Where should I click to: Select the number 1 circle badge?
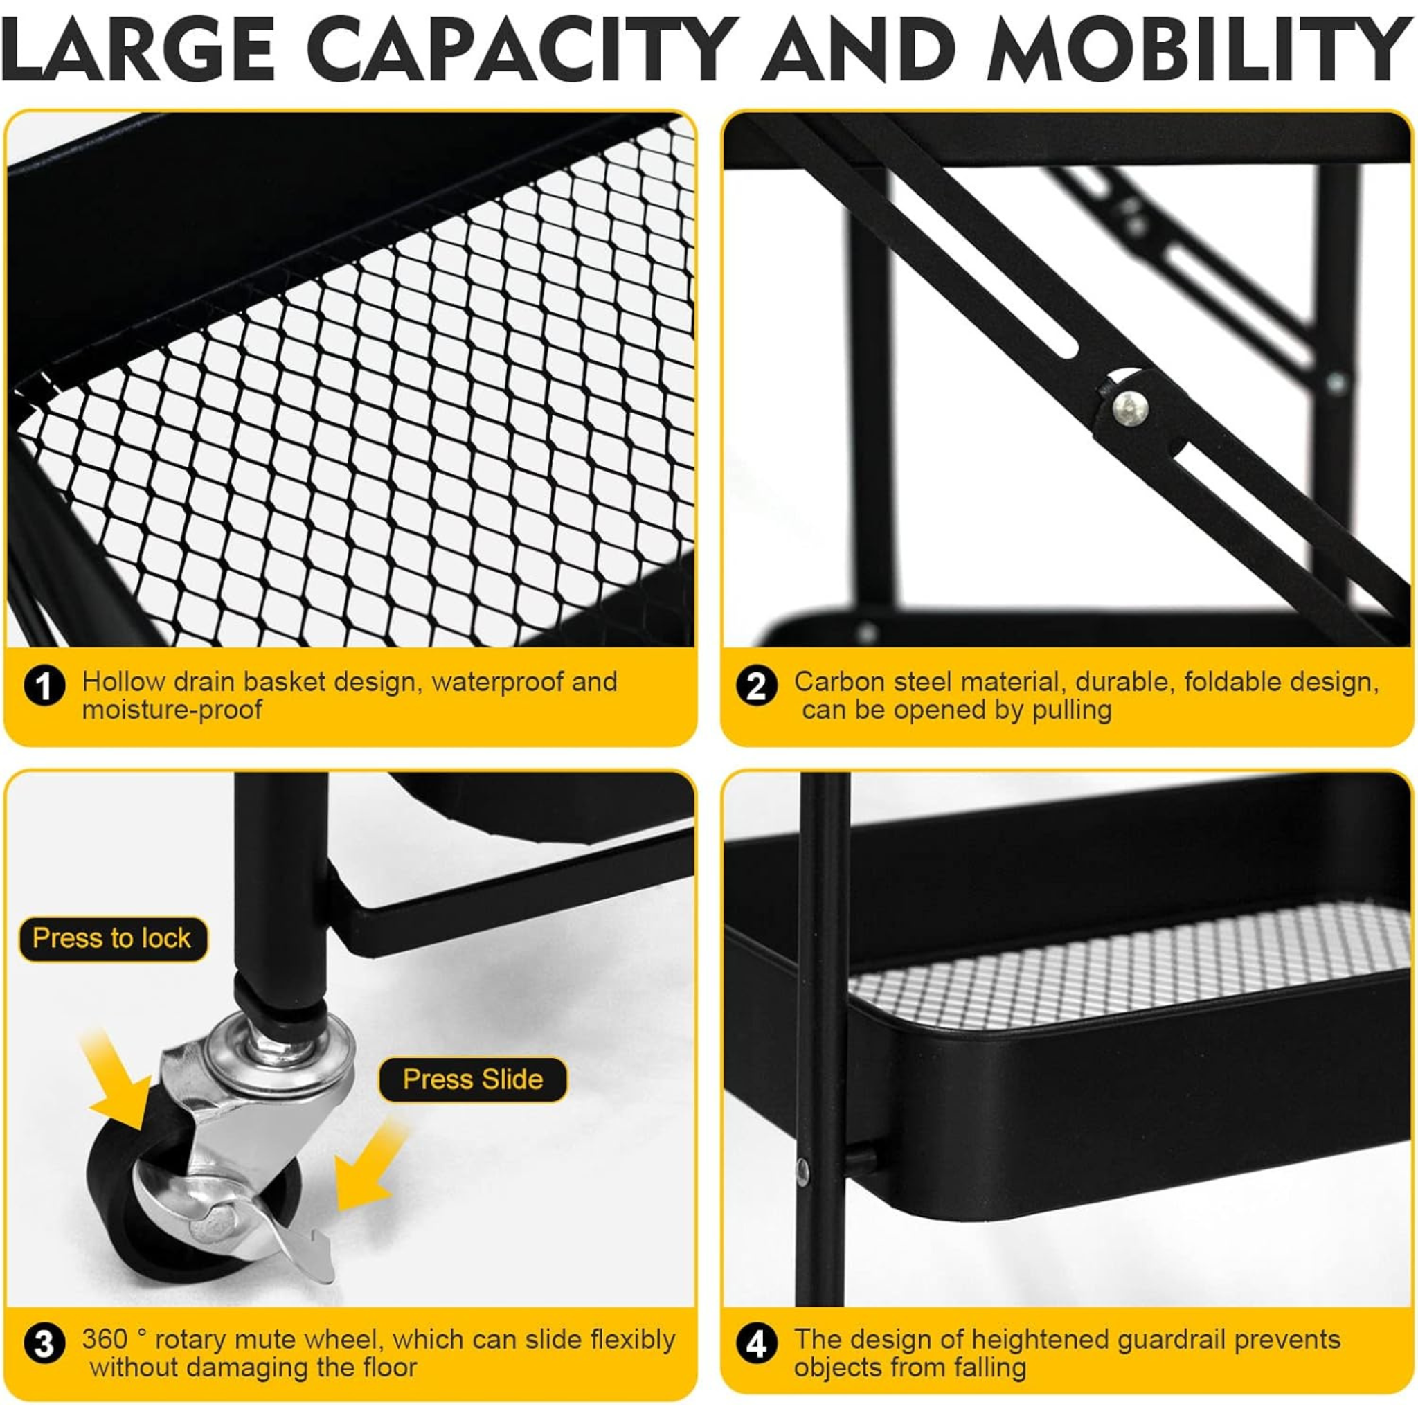point(45,687)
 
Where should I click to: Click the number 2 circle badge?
point(756,687)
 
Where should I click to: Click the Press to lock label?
point(112,939)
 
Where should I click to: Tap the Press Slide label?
point(473,1079)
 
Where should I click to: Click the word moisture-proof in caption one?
point(172,710)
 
